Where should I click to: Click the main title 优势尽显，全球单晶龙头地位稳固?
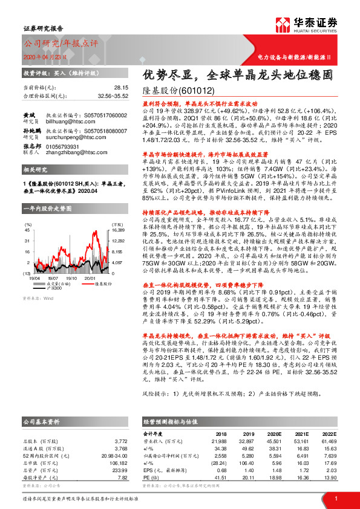[237, 77]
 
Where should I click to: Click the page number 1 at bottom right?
[336, 498]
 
